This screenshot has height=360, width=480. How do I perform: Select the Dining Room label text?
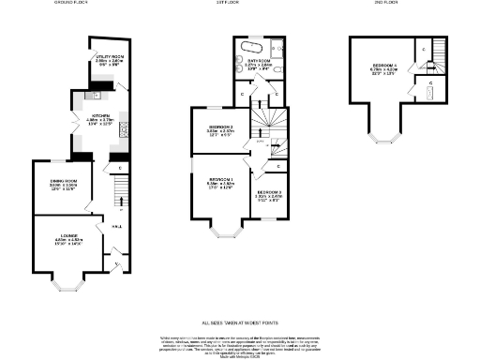(x=63, y=184)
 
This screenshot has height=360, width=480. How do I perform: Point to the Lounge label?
(x=69, y=237)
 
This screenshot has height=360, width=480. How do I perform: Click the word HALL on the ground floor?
(x=116, y=226)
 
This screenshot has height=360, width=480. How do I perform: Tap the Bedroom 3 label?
(x=269, y=196)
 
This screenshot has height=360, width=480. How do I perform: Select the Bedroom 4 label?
(x=383, y=67)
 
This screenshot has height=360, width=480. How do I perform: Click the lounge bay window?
(x=70, y=280)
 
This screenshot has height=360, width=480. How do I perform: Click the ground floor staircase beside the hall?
(x=119, y=197)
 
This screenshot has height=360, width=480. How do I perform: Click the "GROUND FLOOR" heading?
(x=69, y=3)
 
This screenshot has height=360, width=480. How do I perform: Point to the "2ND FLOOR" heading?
(x=384, y=3)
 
